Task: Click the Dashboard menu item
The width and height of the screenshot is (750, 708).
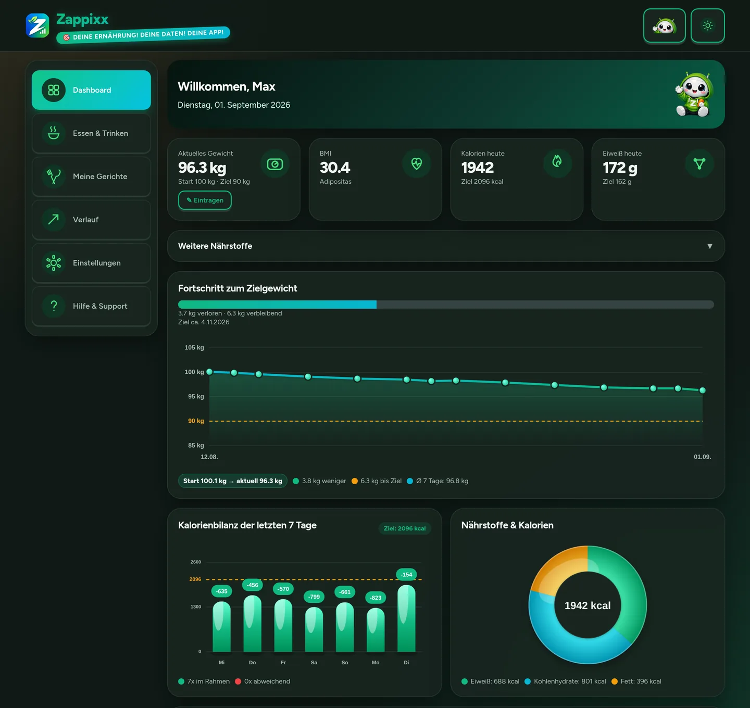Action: click(91, 90)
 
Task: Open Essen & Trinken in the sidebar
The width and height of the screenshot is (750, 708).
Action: click(91, 133)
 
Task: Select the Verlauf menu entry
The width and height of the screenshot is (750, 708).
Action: click(91, 219)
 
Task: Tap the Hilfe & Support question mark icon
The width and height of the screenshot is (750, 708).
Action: click(54, 306)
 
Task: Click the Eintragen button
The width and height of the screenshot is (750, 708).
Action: click(205, 200)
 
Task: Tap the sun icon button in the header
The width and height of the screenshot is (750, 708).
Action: click(707, 26)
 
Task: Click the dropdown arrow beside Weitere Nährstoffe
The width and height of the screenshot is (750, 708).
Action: click(709, 246)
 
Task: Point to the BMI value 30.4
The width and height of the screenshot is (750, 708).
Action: click(334, 167)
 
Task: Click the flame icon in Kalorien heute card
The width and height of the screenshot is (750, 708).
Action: click(557, 161)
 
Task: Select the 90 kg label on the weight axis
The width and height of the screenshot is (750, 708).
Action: click(196, 421)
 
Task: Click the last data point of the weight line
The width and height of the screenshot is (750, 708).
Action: click(703, 390)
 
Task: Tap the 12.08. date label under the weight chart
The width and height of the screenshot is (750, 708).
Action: click(209, 457)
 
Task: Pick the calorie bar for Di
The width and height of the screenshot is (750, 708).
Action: click(406, 618)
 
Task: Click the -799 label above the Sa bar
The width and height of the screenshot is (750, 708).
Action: click(314, 597)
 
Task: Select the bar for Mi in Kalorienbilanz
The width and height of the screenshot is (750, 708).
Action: click(222, 626)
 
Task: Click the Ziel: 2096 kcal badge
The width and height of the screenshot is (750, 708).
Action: click(405, 528)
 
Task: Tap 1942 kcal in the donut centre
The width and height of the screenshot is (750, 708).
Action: click(587, 605)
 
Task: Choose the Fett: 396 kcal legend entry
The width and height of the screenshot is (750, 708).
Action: click(636, 681)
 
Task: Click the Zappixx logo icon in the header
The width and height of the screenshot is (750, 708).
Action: click(37, 26)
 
